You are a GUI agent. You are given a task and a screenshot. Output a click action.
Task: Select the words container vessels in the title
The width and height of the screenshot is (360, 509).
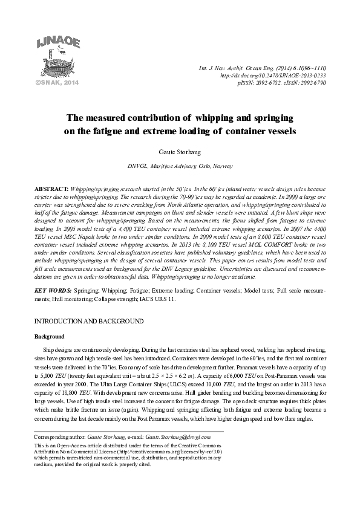(260, 131)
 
